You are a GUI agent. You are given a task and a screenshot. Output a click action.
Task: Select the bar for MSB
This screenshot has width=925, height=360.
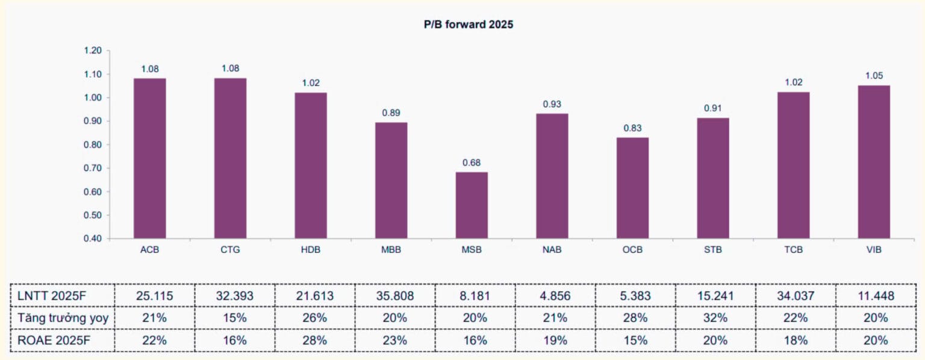coord(472,205)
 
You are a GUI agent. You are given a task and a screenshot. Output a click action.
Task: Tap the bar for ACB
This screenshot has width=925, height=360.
coord(150,158)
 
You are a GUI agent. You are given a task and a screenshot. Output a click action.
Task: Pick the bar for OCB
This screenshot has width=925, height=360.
coord(632,188)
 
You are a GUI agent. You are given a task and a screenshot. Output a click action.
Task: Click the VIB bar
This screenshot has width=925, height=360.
coord(874,162)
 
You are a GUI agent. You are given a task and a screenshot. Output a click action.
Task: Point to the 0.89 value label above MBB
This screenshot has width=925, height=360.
coord(391,113)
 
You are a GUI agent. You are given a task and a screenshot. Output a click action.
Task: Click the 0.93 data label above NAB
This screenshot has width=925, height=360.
coord(552,104)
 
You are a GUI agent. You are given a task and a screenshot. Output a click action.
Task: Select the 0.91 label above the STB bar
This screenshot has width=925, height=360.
coord(713,108)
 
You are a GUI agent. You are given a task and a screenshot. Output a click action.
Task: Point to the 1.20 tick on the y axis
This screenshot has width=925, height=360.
coord(94,51)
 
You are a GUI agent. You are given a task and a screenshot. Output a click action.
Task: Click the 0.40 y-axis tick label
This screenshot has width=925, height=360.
coord(94,238)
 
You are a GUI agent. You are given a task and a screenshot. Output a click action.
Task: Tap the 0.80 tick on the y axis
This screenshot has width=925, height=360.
coord(94,144)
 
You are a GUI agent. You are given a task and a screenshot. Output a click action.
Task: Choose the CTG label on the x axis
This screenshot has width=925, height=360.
coord(230,250)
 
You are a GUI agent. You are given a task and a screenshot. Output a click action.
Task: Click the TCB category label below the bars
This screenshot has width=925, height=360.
coord(793,250)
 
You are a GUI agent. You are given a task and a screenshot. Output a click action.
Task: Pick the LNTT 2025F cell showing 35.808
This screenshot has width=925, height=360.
coord(394,296)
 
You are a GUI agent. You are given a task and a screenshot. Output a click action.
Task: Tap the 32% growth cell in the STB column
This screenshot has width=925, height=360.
coord(715,318)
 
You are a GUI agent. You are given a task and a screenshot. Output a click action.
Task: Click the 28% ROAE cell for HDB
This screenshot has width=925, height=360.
coord(314,340)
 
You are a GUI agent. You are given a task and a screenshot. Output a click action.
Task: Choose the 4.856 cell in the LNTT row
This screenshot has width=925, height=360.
coord(555,296)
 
